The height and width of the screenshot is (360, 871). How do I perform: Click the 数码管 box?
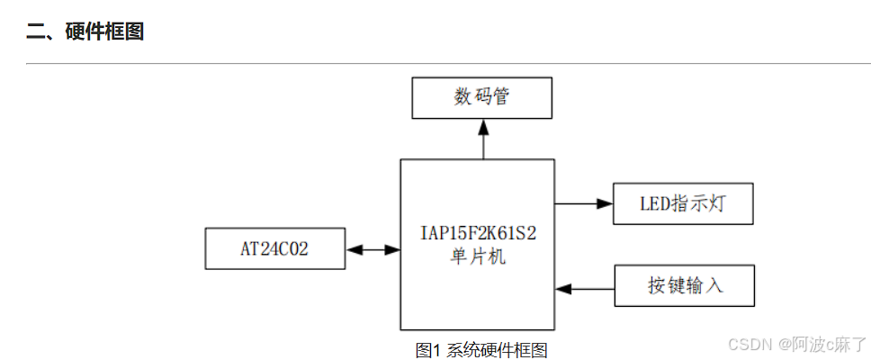point(481,97)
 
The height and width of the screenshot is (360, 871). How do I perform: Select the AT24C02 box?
point(274,248)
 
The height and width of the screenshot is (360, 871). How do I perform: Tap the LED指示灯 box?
point(682,203)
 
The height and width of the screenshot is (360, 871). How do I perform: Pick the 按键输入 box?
point(684,286)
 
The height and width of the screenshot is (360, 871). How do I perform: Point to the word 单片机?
point(478,256)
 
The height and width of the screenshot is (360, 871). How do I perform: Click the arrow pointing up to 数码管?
point(483,139)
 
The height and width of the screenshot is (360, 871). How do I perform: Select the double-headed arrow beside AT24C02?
point(373,249)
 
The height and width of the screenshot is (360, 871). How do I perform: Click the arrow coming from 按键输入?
point(585,288)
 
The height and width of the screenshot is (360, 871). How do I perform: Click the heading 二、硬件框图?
point(85,32)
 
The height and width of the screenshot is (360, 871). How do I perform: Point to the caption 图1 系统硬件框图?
point(481,350)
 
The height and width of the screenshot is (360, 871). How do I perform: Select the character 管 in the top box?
point(501,97)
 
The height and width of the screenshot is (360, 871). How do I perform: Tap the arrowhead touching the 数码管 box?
point(483,126)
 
